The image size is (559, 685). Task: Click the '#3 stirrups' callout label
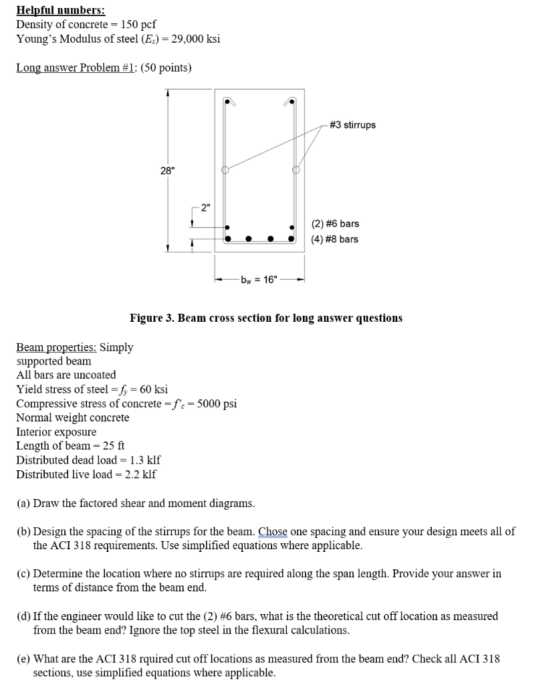pyautogui.click(x=353, y=125)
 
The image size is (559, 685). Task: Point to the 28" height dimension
pyautogui.click(x=166, y=170)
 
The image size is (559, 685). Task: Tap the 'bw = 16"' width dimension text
pyautogui.click(x=258, y=280)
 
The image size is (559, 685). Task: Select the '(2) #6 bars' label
pyautogui.click(x=335, y=223)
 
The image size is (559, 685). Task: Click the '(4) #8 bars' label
pyautogui.click(x=335, y=239)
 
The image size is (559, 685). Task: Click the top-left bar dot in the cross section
pyautogui.click(x=227, y=102)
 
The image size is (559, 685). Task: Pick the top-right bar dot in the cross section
pyautogui.click(x=292, y=102)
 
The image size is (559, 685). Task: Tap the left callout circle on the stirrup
pyautogui.click(x=226, y=169)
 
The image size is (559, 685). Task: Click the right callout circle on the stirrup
pyautogui.click(x=296, y=169)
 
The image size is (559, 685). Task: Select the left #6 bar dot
pyautogui.click(x=227, y=226)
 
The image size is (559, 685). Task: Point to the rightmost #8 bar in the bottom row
pyautogui.click(x=292, y=238)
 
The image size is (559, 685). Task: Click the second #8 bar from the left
pyautogui.click(x=249, y=238)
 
